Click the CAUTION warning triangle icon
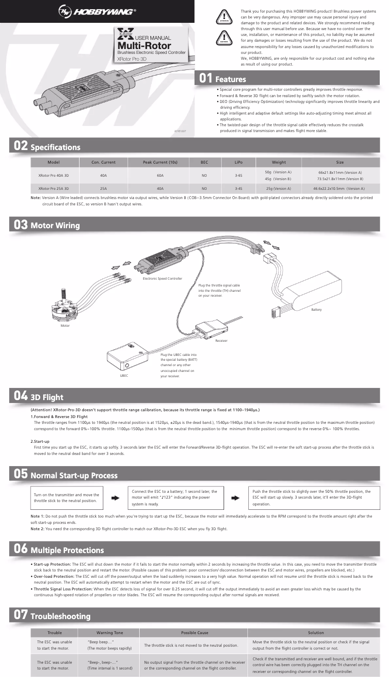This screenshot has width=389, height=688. click(223, 37)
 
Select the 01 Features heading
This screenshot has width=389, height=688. click(224, 79)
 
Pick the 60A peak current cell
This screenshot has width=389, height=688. click(160, 175)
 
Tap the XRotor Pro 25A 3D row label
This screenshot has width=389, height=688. click(53, 188)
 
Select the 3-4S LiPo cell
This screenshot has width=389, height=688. click(238, 188)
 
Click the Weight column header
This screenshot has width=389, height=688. click(279, 162)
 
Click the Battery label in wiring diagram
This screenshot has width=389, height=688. click(316, 309)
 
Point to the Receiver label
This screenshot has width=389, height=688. click(221, 341)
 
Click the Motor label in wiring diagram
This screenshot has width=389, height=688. click(65, 326)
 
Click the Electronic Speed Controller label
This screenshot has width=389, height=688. click(162, 279)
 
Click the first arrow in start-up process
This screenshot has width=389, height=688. click(115, 498)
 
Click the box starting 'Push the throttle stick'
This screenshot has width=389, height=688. click(312, 498)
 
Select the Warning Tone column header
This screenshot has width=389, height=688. click(110, 633)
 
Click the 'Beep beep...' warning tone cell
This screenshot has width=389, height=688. click(110, 645)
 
